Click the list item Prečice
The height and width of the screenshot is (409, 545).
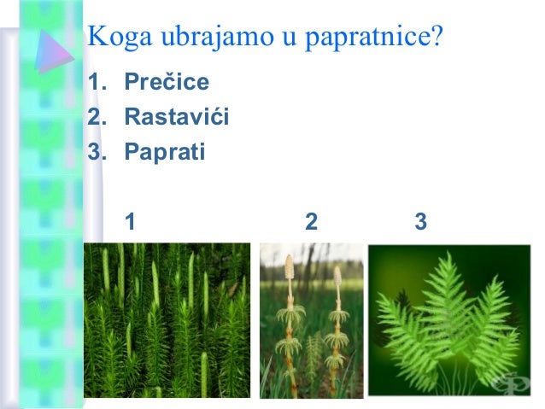pos(167,84)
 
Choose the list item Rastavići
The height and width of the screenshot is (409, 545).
pos(176,118)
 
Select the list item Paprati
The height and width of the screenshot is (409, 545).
pos(164,153)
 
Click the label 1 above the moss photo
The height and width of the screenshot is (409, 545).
pos(130,222)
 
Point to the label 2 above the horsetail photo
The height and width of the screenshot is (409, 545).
pos(311,222)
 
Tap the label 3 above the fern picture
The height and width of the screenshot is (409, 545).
pos(420,222)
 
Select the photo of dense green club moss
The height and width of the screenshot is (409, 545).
pos(167,320)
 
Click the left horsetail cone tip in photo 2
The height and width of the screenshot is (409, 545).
pos(290,267)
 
